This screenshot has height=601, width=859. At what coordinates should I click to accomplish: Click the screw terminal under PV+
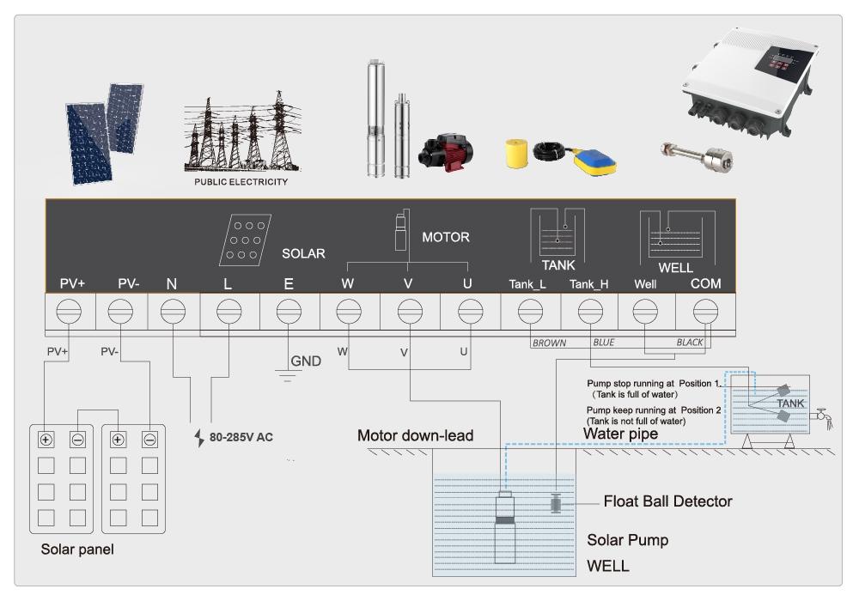tap(69, 312)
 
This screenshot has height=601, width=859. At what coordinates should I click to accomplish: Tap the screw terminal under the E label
tap(289, 312)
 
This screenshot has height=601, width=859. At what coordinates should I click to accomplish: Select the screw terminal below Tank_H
tap(591, 312)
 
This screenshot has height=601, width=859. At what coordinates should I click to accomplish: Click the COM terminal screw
tap(705, 312)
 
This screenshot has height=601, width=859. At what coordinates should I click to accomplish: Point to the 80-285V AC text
tap(241, 437)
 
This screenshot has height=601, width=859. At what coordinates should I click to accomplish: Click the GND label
tap(306, 361)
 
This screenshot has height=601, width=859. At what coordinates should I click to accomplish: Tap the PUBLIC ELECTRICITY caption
tap(241, 182)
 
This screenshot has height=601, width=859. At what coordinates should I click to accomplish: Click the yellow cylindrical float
tap(516, 154)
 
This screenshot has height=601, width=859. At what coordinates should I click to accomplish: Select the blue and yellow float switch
tap(595, 162)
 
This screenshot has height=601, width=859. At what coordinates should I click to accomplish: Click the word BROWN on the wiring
tap(550, 343)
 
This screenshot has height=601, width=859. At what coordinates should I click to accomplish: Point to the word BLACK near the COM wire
tap(690, 343)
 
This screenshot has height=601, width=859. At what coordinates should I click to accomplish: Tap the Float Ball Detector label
tap(667, 501)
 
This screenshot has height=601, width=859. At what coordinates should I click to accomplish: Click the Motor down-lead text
tap(415, 435)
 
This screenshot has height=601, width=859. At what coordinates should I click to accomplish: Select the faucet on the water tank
tap(823, 417)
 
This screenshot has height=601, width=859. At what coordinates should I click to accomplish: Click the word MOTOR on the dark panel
tap(446, 238)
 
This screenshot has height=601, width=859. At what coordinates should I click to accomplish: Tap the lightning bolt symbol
tap(199, 438)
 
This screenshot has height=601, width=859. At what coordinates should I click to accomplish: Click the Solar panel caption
tap(77, 549)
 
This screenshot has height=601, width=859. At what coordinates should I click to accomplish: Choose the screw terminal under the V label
tap(410, 312)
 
